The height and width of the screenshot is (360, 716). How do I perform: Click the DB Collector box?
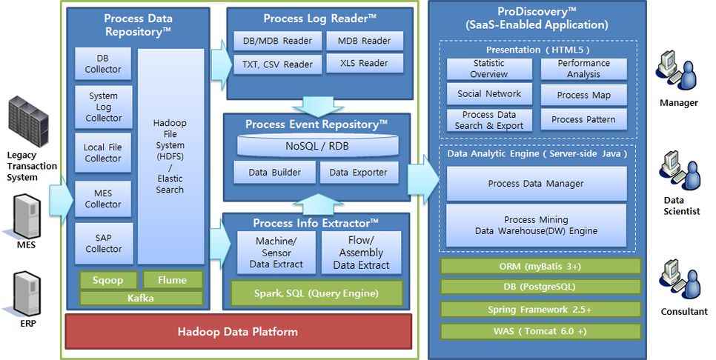click(103, 64)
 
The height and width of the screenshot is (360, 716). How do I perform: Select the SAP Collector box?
click(103, 244)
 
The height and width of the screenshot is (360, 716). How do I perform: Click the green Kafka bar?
click(141, 298)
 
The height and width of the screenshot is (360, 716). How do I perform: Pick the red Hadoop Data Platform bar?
click(238, 331)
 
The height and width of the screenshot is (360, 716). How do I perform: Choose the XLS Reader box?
click(364, 64)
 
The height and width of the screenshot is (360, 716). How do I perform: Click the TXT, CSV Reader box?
click(277, 64)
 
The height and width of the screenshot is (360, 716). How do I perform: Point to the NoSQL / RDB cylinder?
click(316, 146)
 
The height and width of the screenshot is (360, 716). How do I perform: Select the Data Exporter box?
click(359, 173)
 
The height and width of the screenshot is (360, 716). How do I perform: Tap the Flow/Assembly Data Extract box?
click(361, 253)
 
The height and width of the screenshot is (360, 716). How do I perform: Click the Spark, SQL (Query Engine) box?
click(317, 293)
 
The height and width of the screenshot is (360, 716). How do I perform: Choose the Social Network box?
click(488, 94)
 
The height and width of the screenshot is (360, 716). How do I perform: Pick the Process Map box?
click(583, 96)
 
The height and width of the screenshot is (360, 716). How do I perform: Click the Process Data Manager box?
click(536, 183)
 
